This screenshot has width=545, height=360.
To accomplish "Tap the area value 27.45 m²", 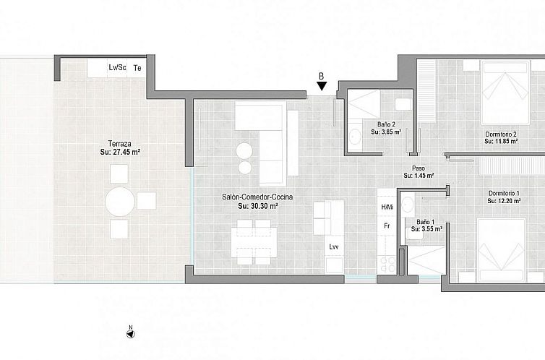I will point(120,153).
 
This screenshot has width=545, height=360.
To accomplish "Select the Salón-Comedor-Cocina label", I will point(251,196).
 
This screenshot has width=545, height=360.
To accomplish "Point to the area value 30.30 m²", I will point(258,206).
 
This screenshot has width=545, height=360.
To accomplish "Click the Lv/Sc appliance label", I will point(117,68).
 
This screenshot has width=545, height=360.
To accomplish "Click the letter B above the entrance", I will point(322,74).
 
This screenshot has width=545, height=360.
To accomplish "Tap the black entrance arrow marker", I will point(322,87).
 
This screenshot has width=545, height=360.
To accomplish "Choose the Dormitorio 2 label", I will point(500,134).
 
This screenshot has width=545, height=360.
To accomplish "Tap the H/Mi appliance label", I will point(387,207).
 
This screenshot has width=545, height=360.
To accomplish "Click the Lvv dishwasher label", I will point(333,247).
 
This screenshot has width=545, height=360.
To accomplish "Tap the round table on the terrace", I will point(120,202).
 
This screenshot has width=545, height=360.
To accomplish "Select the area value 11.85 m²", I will point(500,142).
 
